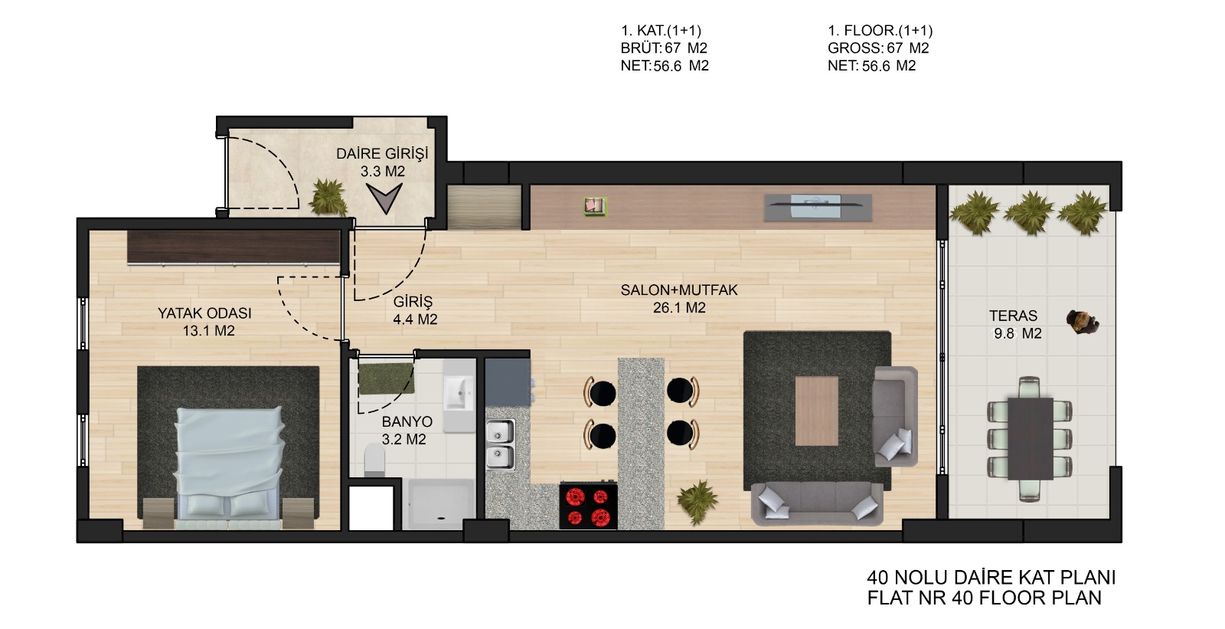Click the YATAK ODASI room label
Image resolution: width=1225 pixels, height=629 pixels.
204,313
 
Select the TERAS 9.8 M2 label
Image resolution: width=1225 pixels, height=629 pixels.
1015,324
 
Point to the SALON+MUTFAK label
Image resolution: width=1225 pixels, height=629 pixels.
679,290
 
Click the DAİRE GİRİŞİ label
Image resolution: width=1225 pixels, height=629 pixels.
382,154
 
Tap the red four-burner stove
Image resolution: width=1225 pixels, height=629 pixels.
589,506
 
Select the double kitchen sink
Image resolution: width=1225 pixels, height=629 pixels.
501,444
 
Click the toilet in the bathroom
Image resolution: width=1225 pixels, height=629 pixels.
374,459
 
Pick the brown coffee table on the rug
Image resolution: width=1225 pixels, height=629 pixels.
816,411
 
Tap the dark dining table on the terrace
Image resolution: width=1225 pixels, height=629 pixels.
1031,439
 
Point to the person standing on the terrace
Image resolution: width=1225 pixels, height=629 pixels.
1083,322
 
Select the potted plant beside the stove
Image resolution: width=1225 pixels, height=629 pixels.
697,501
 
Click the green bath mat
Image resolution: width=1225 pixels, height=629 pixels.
386,378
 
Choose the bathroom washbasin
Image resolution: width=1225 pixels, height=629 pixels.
459,392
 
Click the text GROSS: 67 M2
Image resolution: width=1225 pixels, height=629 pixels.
878,48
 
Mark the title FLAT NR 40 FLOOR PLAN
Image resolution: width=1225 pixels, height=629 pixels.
985,598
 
